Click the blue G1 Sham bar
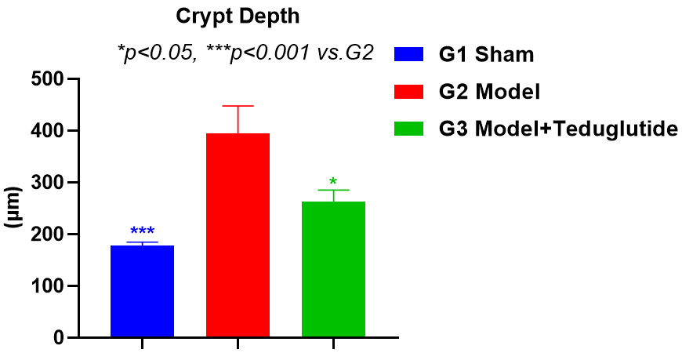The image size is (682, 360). point(142,291)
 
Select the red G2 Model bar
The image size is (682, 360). point(238,235)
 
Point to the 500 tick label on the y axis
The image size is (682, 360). point(48,79)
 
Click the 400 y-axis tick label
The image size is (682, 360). point(48,131)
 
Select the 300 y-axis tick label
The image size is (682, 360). point(48,183)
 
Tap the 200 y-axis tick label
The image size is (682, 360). point(48,235)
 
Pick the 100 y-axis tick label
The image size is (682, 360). point(48,286)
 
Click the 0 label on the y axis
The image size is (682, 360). point(60,338)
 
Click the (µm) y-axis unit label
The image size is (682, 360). point(14,208)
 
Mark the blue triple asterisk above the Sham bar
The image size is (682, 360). point(142,231)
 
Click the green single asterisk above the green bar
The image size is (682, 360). point(333,183)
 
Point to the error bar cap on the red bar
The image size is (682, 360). point(238,106)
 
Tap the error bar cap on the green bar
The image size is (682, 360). point(333,190)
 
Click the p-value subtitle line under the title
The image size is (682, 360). point(245,53)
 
